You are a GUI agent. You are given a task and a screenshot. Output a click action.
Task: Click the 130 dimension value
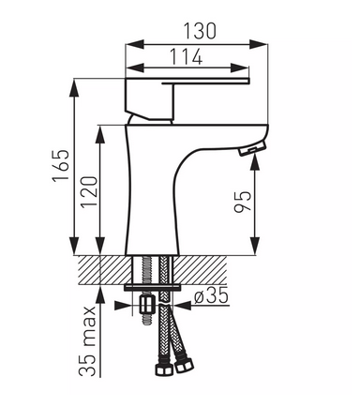pos(199,31)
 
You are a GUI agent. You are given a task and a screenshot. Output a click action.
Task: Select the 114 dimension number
pos(187,56)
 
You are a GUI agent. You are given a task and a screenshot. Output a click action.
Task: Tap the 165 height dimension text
pos(61,166)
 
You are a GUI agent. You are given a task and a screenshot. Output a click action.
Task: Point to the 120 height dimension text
pos(89,191)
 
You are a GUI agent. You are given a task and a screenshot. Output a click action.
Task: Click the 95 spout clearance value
pos(243,202)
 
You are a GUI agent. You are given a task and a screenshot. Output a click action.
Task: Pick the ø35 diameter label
pos(211,296)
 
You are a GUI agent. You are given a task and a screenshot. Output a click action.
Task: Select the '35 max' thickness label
pos(86,341)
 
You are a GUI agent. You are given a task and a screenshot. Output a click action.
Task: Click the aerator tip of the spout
pos(252,147)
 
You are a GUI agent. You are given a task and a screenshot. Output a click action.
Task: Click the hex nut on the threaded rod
pos(147,305)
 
